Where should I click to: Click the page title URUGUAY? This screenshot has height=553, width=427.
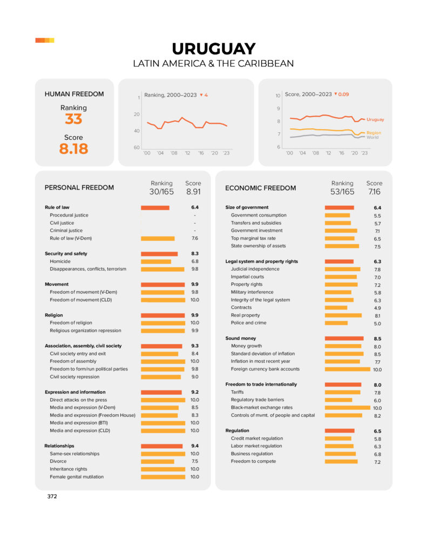[213, 49]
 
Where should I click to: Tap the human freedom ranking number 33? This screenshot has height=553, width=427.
[73, 119]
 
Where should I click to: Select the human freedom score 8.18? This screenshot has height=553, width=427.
[73, 149]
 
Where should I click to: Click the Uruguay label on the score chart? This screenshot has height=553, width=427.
[375, 119]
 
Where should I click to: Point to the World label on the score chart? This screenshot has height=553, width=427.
[372, 137]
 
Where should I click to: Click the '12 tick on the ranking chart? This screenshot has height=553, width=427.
[187, 153]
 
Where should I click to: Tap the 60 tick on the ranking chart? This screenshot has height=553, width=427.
[137, 147]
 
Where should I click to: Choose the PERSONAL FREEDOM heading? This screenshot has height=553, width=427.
[79, 188]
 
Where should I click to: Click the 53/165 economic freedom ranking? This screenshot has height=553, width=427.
[342, 192]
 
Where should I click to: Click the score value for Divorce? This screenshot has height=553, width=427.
[194, 462]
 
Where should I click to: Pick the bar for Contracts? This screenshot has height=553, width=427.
[336, 308]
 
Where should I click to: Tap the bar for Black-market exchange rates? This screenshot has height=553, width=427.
[347, 408]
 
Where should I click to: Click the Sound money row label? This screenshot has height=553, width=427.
[240, 339]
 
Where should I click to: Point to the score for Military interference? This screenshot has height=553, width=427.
[377, 293]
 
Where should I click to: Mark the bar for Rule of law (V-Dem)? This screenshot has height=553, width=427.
[158, 238]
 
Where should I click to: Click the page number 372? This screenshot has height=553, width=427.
[52, 496]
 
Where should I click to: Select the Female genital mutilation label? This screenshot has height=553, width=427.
[77, 477]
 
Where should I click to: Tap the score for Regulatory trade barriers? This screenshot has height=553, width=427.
[377, 401]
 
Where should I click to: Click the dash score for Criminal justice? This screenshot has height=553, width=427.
[194, 231]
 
